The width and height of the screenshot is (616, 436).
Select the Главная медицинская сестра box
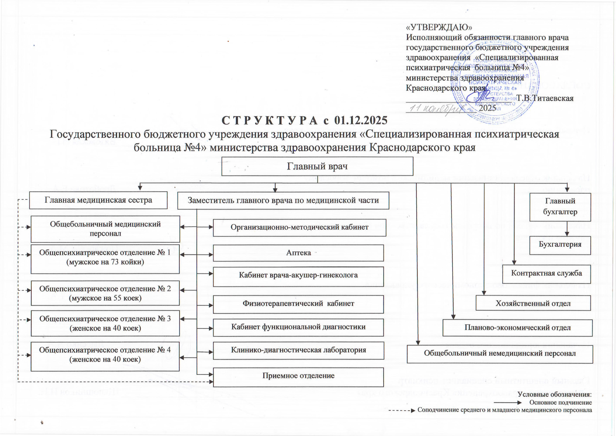pos(98,200)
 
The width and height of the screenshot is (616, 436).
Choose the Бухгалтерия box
pos(560,245)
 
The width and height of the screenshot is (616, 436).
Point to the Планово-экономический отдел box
pos(517,328)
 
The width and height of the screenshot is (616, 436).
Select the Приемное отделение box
pos(298,376)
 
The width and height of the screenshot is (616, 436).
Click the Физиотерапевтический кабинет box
pos(298,304)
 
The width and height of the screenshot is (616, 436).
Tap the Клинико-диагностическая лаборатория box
pos(298,350)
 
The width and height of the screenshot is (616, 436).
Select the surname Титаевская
pos(552,98)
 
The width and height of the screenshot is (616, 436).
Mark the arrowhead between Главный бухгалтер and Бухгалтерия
pos(567,234)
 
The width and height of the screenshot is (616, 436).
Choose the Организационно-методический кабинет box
pos(299,227)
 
